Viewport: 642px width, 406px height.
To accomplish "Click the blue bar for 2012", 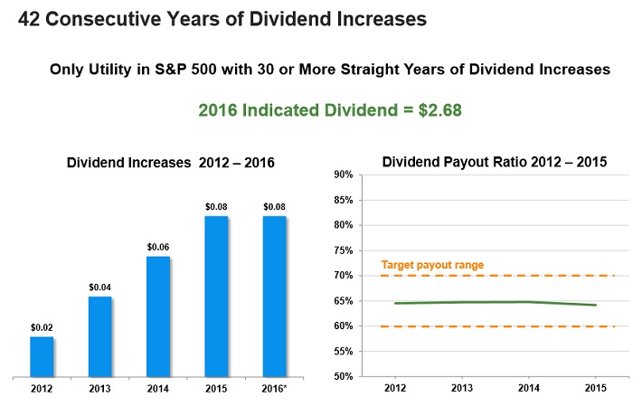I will click(42, 356).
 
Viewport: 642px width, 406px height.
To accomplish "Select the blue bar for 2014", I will click(158, 316).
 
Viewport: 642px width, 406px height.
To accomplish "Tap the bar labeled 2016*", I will click(275, 296).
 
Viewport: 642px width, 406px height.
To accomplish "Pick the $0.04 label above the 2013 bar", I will click(99, 287).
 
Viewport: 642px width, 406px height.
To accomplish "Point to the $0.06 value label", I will click(158, 246).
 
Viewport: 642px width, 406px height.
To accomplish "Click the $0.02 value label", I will click(42, 326).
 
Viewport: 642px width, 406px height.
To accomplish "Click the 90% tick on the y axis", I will click(342, 175).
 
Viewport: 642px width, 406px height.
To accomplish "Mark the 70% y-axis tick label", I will click(342, 275).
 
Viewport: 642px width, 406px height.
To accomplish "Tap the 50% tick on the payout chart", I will click(342, 376).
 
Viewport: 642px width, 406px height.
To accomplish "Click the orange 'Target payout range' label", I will click(432, 265).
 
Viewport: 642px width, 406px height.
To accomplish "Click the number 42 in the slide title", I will click(30, 18).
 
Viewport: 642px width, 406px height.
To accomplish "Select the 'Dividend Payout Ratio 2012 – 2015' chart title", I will click(495, 162).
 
